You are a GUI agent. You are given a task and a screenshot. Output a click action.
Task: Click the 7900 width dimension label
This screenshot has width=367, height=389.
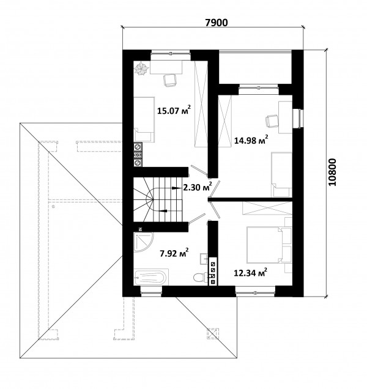(217, 23)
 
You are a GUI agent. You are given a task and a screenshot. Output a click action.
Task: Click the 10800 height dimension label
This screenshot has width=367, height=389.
(332, 172)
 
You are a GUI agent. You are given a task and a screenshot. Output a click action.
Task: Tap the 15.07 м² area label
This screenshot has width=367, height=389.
(174, 110)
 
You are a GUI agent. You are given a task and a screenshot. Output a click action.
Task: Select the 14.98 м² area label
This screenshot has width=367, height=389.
(251, 140)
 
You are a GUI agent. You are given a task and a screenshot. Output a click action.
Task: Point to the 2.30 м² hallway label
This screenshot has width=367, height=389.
(198, 187)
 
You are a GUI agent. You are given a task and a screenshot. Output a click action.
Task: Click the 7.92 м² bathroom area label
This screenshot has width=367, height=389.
(174, 253)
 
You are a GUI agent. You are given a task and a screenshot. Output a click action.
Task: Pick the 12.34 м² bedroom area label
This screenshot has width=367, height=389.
(251, 273)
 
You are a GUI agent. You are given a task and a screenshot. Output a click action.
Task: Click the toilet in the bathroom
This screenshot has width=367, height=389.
(201, 277)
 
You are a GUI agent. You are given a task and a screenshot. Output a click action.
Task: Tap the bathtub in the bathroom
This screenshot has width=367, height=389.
(151, 277)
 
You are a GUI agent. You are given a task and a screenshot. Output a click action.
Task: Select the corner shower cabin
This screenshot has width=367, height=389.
(143, 242)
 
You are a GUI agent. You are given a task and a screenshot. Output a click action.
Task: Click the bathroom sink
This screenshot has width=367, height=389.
(204, 259)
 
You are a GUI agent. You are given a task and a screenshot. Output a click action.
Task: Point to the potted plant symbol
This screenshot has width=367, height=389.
(141, 69)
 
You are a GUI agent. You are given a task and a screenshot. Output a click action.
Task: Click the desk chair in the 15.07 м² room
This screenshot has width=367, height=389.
(170, 80)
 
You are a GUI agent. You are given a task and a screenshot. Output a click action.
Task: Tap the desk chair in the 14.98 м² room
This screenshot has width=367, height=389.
(272, 121)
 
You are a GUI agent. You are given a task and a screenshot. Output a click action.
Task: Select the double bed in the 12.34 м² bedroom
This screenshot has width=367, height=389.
(265, 245)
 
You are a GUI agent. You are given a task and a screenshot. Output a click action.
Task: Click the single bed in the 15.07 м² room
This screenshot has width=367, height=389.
(144, 119)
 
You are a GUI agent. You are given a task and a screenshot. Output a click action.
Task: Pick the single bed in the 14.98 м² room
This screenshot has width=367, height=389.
(281, 174)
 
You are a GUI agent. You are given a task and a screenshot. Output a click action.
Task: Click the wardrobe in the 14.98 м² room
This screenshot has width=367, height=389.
(225, 121)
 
